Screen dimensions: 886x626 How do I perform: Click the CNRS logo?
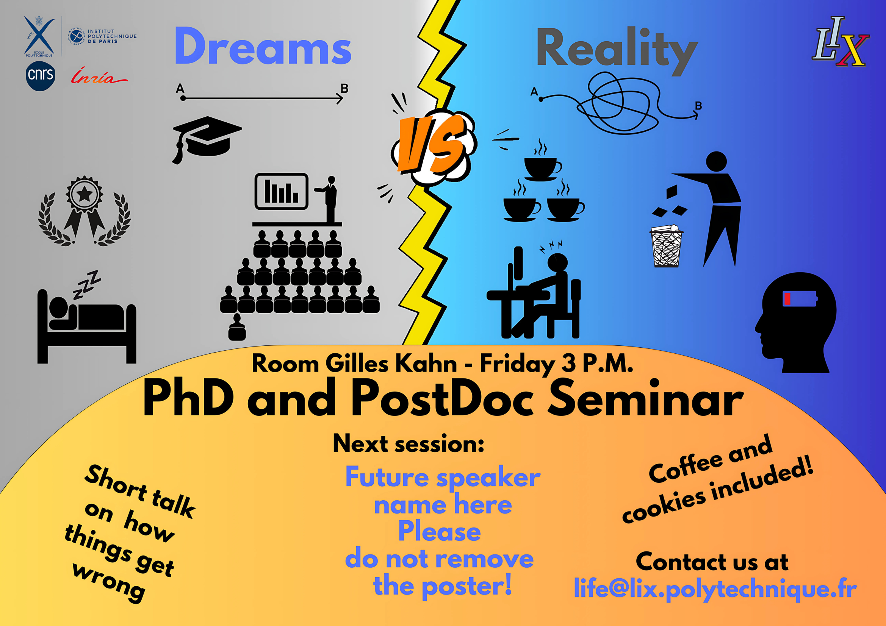click(x=41, y=76)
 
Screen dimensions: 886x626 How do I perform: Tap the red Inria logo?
click(x=99, y=76)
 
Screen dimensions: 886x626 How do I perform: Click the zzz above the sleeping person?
click(x=87, y=285)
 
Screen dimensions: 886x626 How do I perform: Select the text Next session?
click(x=409, y=443)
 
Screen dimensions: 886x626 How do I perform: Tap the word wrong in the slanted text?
click(x=109, y=582)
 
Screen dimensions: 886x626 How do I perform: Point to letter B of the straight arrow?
click(x=344, y=88)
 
